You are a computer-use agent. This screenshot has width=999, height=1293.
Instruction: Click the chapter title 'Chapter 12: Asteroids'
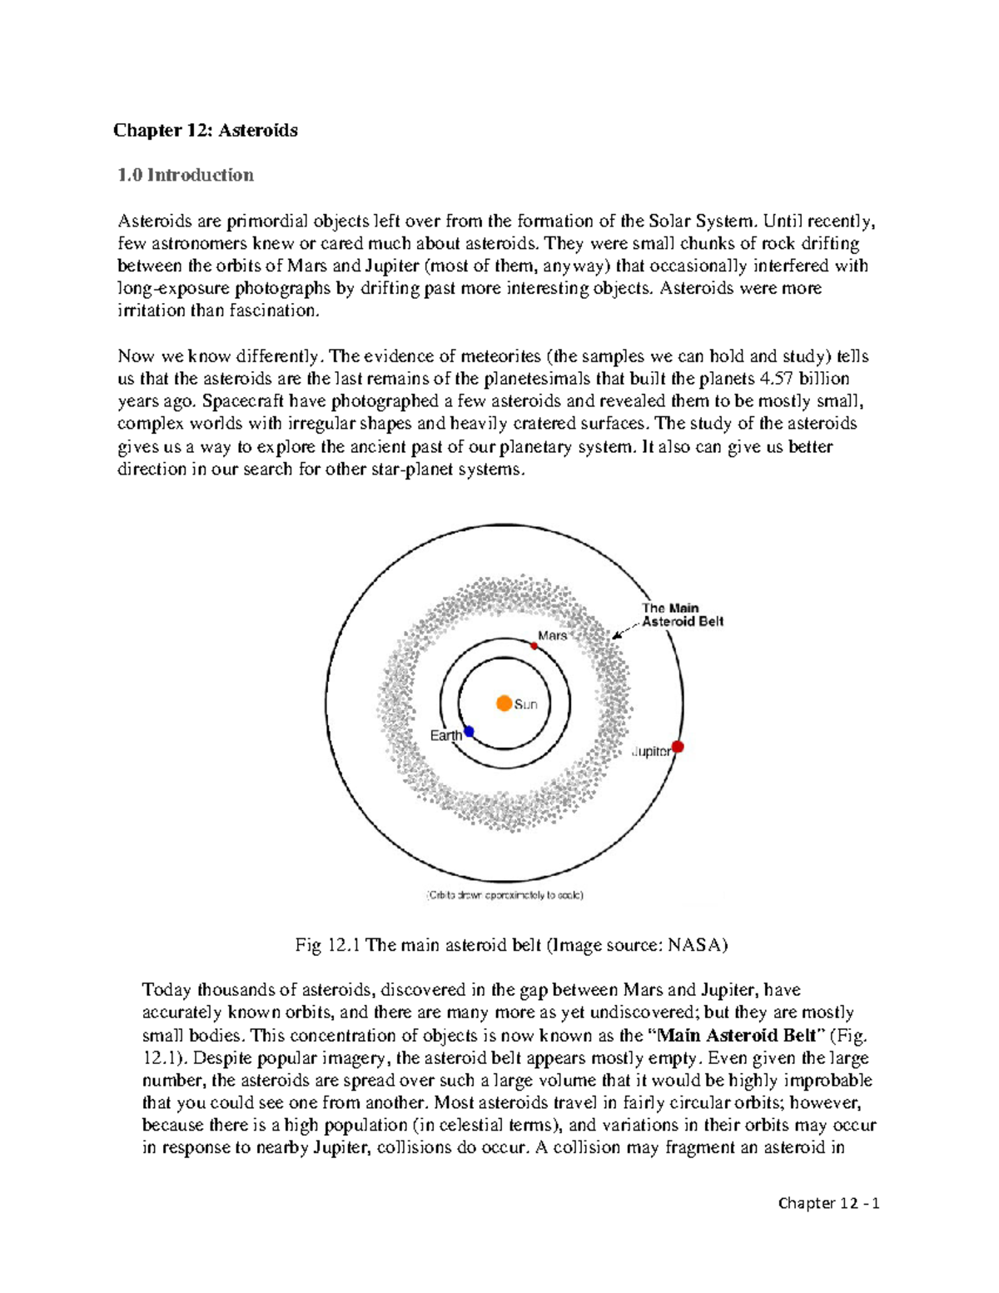206,130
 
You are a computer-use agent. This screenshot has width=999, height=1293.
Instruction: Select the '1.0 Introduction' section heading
185,175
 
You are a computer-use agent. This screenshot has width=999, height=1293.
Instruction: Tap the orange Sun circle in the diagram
504,704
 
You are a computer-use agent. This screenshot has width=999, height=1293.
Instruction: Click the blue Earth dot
469,732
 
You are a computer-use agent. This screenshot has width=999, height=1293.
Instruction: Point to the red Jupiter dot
678,747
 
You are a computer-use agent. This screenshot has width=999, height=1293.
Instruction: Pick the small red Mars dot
534,645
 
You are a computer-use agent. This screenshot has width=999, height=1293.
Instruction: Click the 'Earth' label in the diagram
445,735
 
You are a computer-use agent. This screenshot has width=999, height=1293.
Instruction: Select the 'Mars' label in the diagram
552,635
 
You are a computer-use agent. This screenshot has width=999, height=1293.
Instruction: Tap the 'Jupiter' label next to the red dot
651,751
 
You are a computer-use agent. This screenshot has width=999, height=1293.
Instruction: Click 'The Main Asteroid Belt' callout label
682,614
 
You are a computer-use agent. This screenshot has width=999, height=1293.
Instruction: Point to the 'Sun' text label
526,704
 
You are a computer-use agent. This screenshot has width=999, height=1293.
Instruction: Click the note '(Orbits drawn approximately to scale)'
505,895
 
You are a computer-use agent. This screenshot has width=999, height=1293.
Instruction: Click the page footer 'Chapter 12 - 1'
828,1202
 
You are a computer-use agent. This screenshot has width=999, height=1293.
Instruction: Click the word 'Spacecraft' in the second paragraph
244,401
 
